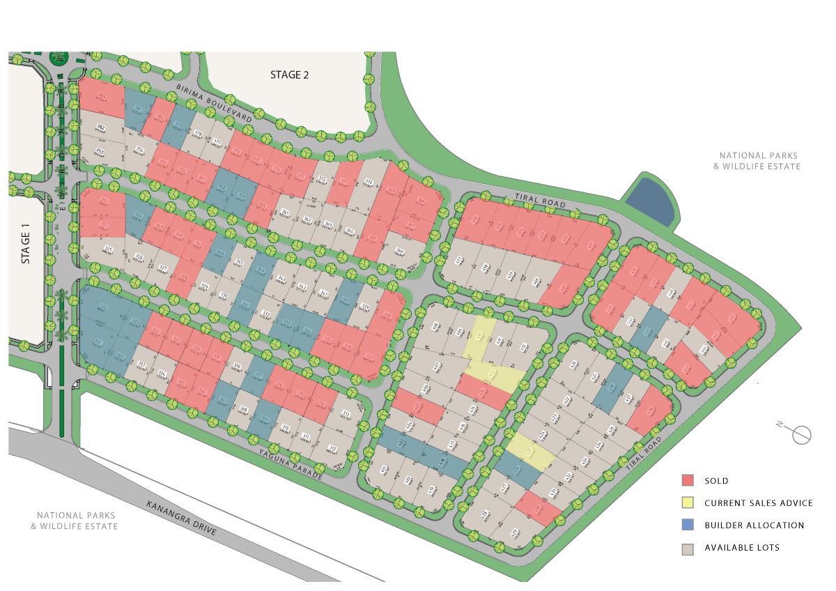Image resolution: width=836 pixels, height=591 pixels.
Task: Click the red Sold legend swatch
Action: click(x=688, y=480)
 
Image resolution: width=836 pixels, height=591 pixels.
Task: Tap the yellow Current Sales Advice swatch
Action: click(x=688, y=502)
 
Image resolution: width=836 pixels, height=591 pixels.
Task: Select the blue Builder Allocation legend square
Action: click(x=688, y=525)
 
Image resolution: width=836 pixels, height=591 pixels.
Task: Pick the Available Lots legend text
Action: click(x=742, y=548)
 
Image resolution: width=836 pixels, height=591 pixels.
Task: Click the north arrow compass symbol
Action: click(x=802, y=435)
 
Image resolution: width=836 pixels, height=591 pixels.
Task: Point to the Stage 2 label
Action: click(x=289, y=75)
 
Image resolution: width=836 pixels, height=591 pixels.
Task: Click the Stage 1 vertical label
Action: click(x=26, y=243)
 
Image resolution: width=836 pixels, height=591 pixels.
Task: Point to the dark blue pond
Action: click(x=649, y=198)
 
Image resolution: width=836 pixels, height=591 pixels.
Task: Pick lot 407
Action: click(x=437, y=364)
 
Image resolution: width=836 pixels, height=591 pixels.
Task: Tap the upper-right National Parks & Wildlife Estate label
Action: click(x=759, y=161)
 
